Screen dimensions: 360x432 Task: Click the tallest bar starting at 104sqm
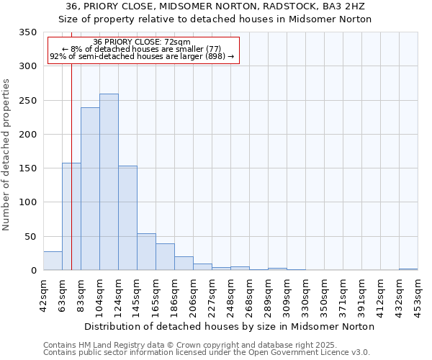click(x=109, y=182)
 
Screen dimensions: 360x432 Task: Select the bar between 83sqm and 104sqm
click(x=90, y=189)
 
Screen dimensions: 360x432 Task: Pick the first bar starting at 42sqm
click(x=53, y=261)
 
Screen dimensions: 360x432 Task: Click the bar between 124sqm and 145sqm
click(x=127, y=218)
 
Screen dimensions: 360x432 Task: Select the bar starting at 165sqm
click(x=165, y=257)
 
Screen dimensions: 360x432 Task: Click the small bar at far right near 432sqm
click(x=408, y=269)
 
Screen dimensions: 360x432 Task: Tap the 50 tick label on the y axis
click(x=30, y=237)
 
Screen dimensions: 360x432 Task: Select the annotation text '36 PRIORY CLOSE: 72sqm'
click(x=142, y=42)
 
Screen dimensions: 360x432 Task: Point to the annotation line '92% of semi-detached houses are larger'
click(x=142, y=56)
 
